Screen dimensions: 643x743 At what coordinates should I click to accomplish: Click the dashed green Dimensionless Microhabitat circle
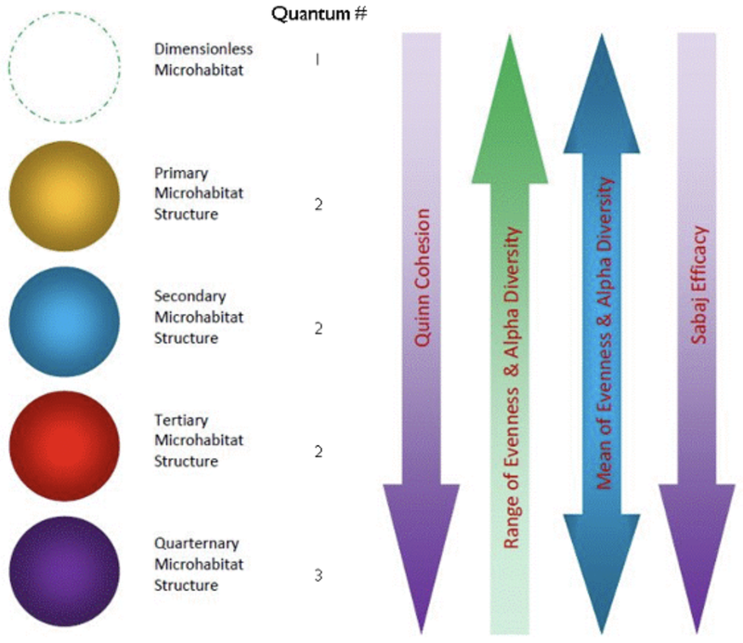64,66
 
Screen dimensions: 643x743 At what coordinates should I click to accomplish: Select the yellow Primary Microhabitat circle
64,196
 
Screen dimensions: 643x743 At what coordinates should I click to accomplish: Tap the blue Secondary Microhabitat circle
64,318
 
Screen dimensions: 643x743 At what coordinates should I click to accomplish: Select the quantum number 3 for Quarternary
318,575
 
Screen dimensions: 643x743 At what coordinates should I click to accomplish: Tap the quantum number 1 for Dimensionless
318,59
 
